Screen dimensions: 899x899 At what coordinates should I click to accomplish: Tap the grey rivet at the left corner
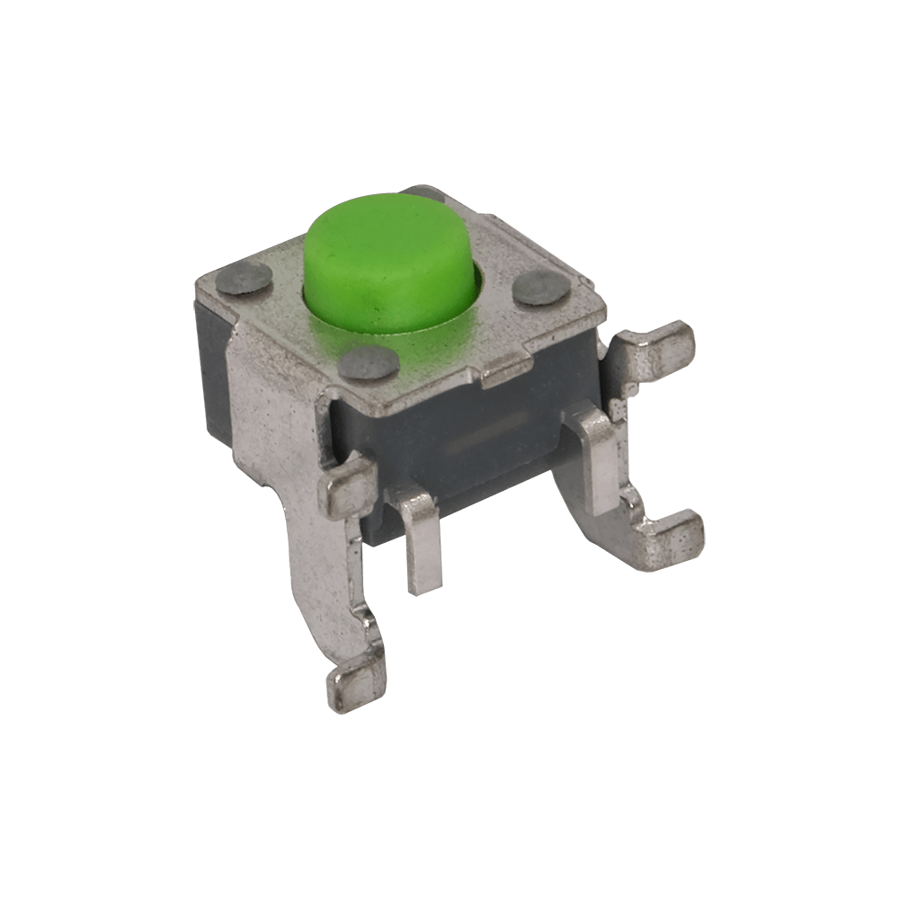pyautogui.click(x=248, y=280)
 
